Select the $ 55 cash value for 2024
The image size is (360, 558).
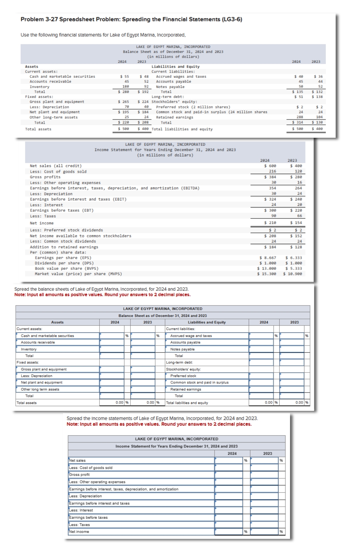124,77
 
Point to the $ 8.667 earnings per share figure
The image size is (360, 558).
268,258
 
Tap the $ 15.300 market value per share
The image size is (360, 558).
267,274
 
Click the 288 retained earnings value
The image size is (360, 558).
300,117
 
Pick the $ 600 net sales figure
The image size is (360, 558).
270,166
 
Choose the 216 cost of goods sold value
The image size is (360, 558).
272,171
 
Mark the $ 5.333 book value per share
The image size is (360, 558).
294,268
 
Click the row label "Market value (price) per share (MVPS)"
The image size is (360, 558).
78,274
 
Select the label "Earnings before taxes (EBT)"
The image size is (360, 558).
62,210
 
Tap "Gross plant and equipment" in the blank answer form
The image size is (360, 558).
44,369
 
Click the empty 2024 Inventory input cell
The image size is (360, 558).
112,349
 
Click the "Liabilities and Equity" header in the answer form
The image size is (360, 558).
207,322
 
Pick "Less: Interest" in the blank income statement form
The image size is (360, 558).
81,510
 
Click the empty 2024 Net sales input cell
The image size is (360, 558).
229,461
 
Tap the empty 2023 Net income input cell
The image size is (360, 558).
264,532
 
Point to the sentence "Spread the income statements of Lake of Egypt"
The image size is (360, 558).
162,418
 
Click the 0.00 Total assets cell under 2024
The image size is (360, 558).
119,403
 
